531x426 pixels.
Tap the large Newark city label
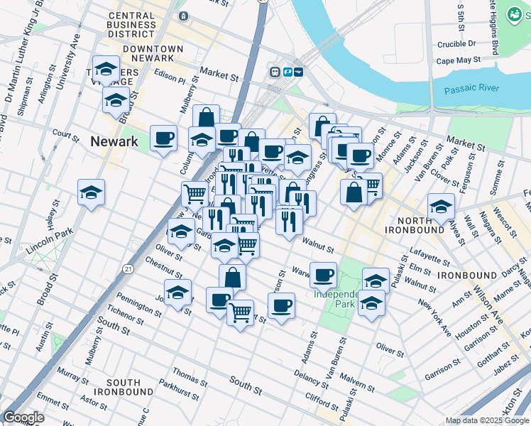coord(114,141)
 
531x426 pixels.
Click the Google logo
coord(23,417)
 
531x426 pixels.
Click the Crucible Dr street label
coord(456,43)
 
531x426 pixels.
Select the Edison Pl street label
coord(169,80)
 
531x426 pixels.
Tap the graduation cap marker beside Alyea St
coord(441,207)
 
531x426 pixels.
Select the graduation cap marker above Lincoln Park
coord(92,192)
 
